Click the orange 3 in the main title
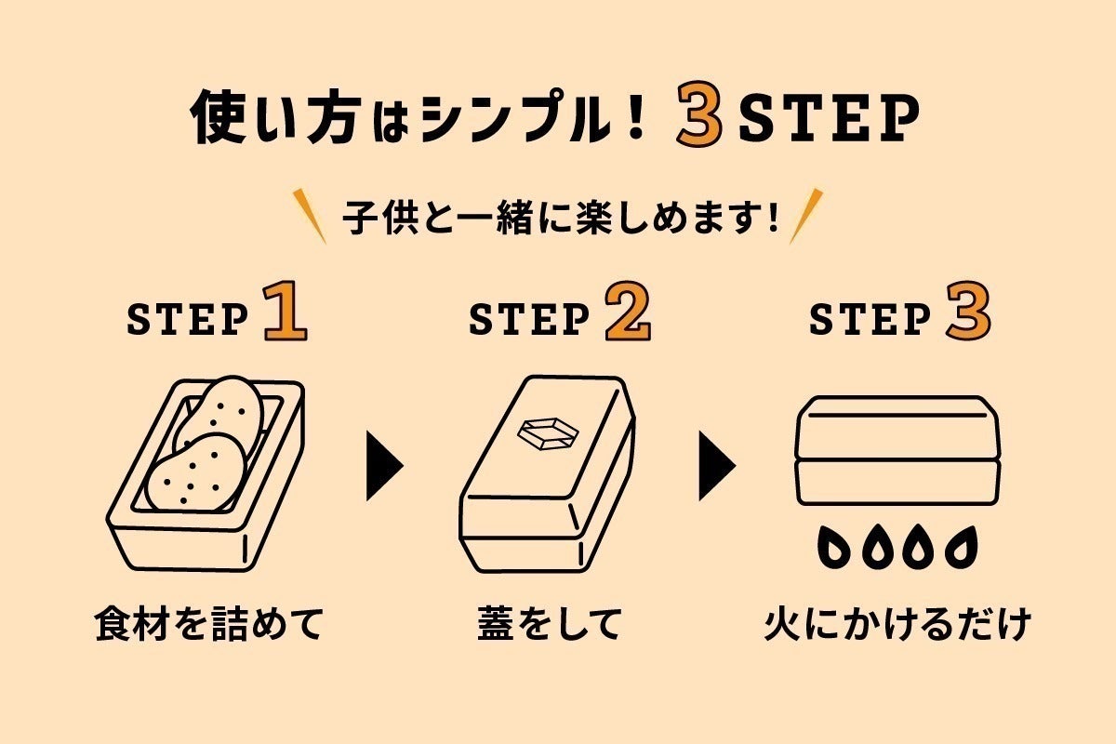(698, 118)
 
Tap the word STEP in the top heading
(828, 119)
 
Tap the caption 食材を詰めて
(207, 624)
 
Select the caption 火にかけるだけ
(897, 624)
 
